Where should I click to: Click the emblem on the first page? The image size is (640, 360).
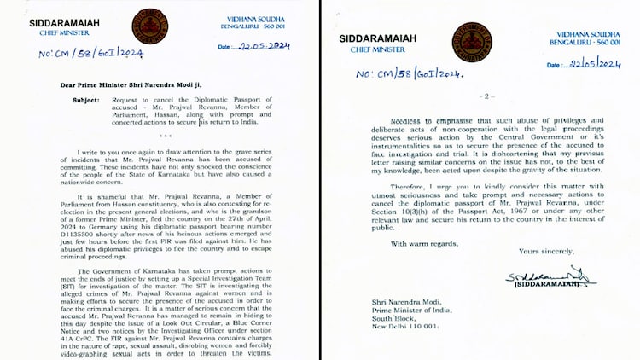point(149,26)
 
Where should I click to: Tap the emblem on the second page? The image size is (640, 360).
point(472,41)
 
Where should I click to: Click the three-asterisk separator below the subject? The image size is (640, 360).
point(166,136)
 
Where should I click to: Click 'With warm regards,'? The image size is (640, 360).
point(423,244)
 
